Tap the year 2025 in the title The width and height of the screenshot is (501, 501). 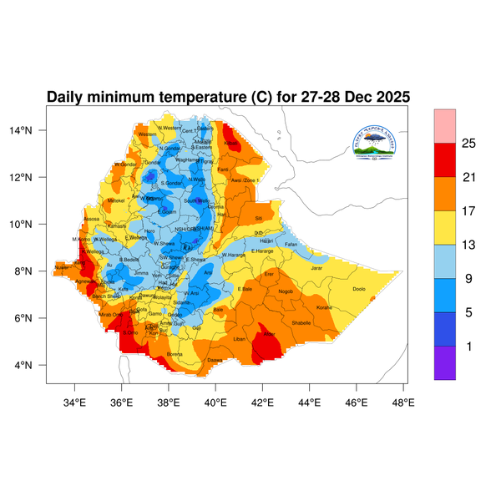coord(388,97)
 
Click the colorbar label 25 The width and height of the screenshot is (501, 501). coord(468,144)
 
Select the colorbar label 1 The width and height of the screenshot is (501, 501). coord(468,346)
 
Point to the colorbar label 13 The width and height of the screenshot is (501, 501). coord(468,245)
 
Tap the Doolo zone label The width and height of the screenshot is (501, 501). coord(359,289)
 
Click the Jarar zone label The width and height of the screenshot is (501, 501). coord(316,268)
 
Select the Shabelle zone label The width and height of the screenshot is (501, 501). coord(300,322)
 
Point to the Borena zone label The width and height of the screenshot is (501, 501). coord(175,354)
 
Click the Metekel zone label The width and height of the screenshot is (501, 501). coord(116,200)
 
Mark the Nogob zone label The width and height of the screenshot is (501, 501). coord(286,291)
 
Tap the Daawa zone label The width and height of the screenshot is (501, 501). coord(215,360)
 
